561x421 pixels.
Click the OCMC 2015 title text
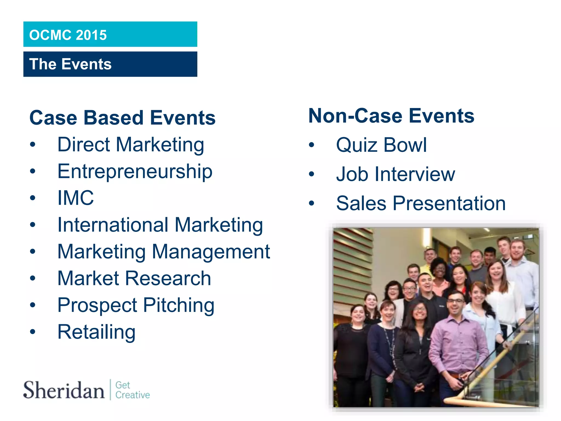[x=68, y=35]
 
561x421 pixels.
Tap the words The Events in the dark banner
[x=70, y=64]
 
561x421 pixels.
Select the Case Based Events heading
[x=122, y=118]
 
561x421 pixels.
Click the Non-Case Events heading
[x=391, y=116]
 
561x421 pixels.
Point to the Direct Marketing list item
[x=131, y=144]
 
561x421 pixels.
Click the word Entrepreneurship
[x=135, y=172]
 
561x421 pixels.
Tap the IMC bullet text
[x=76, y=198]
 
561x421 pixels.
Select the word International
[x=113, y=225]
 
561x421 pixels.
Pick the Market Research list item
[x=134, y=278]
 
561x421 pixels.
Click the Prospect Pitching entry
[x=136, y=305]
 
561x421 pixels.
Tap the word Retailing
[x=96, y=332]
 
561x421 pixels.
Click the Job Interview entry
[x=396, y=174]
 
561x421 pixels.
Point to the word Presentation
[x=449, y=203]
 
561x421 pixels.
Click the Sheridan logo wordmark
[x=64, y=390]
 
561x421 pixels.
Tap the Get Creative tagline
[x=132, y=390]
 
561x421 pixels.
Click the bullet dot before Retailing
[x=33, y=332]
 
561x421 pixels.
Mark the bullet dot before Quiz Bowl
[x=311, y=145]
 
